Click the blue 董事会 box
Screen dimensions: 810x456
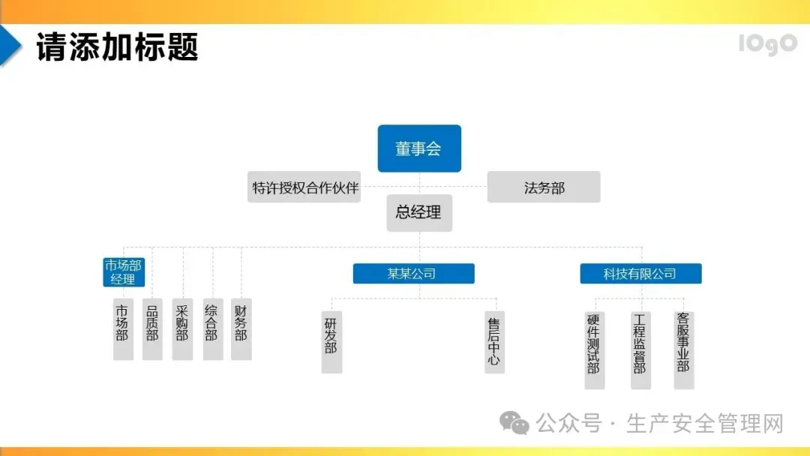pos(418,148)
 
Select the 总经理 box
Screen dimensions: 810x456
pos(419,212)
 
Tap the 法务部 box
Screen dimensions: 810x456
pos(544,187)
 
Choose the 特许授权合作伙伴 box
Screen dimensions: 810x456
pos(304,187)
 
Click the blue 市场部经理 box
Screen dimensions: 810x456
pos(124,272)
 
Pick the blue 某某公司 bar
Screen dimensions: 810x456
pos(413,274)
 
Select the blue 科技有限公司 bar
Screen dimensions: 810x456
pos(640,274)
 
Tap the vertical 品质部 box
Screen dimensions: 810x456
pos(152,328)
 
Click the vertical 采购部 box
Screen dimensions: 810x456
pos(182,328)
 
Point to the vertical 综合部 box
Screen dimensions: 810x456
pos(212,328)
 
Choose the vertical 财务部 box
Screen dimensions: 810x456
pos(241,328)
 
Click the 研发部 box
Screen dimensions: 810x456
pos(331,341)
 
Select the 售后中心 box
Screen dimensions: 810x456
pos(494,341)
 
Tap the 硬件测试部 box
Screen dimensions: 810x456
pos(594,349)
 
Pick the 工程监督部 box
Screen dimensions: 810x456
pos(640,349)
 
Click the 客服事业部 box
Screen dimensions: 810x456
pos(683,349)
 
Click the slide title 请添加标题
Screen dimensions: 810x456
pos(117,46)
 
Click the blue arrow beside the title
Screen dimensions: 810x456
pos(10,45)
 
